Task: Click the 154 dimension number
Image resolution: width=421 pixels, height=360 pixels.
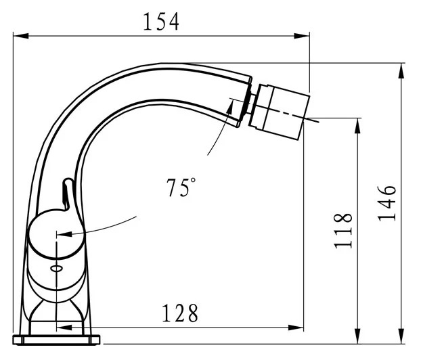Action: (161, 22)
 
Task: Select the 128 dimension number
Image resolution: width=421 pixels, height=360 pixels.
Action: (180, 313)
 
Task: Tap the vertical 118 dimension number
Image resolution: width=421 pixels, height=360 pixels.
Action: (343, 231)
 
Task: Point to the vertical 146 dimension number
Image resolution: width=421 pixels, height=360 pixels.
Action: (387, 203)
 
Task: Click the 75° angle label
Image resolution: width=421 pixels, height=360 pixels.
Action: (181, 187)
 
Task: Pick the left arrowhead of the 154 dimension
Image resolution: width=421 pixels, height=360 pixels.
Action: (21, 36)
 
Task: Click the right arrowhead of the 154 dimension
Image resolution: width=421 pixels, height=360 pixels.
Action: (302, 36)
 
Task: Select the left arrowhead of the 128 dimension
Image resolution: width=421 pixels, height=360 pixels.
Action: (64, 328)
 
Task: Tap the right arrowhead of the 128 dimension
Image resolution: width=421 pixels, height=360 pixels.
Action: (296, 328)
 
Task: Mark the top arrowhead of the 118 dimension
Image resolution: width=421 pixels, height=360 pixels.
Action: (357, 126)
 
